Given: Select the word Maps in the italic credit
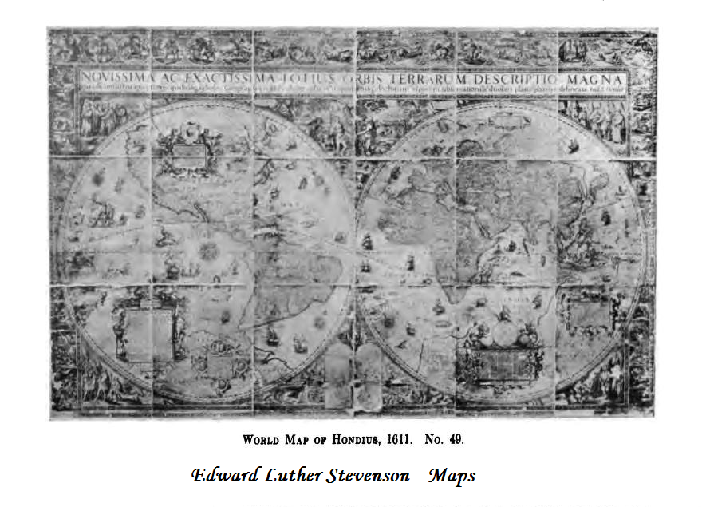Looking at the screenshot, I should (452, 476).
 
